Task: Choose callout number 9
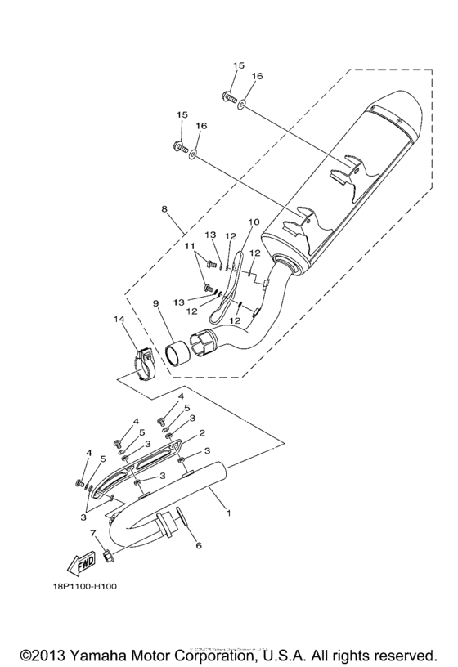click(x=155, y=304)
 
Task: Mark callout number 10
click(x=253, y=222)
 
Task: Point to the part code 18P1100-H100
click(x=93, y=586)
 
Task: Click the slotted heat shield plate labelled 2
click(x=147, y=469)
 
